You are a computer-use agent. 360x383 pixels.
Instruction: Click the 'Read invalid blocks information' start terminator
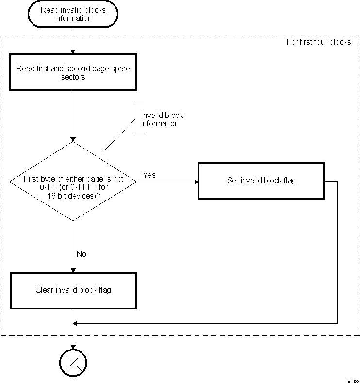72,14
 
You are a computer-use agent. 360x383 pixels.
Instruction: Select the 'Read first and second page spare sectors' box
73,73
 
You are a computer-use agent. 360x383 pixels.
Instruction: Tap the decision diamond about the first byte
73,182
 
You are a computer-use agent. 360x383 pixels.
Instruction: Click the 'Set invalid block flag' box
261,181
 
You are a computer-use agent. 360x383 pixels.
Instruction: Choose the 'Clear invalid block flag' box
73,290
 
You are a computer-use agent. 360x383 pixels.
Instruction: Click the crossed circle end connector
73,362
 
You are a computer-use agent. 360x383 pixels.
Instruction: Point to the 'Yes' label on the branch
149,175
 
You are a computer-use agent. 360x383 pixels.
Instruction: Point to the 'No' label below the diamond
81,254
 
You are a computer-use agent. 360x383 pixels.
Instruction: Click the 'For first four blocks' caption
319,42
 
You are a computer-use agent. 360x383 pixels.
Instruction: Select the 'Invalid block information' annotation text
162,119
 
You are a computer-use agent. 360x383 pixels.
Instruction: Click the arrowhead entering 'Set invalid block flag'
196,182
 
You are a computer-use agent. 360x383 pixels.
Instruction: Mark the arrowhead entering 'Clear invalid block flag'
73,270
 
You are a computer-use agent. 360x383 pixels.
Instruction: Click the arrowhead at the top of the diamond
73,139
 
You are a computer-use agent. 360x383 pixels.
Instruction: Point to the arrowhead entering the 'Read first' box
73,51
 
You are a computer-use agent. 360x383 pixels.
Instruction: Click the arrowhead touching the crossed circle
73,346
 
